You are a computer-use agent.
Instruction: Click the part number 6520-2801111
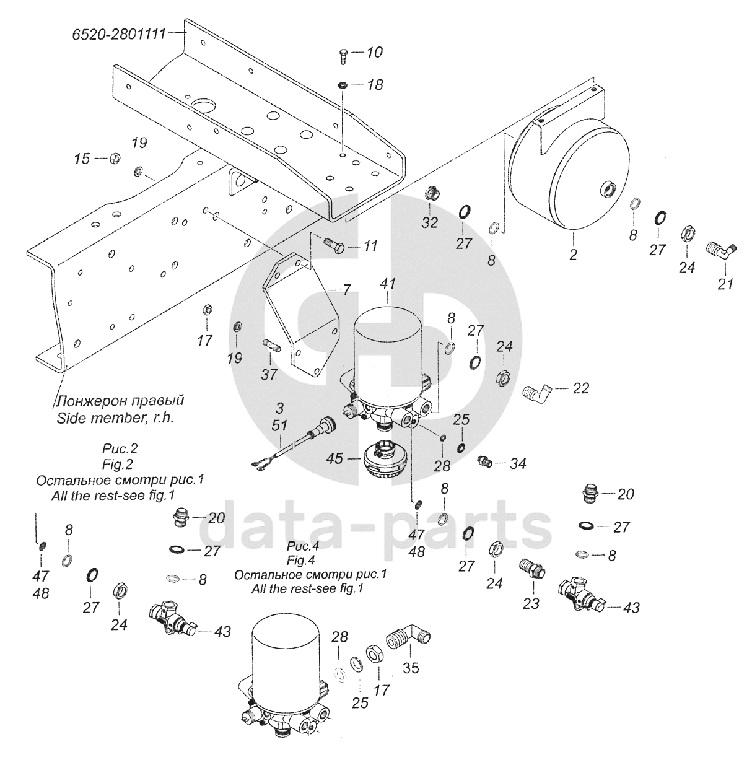(x=118, y=34)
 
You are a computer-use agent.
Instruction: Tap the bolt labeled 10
(x=343, y=57)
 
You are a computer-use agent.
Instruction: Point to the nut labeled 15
(x=115, y=159)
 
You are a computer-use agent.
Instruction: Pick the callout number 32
(x=430, y=222)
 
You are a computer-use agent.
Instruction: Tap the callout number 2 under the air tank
(x=573, y=255)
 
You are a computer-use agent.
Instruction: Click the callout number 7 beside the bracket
(x=346, y=290)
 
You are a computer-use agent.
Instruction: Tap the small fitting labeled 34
(x=484, y=460)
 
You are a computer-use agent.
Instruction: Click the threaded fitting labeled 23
(x=532, y=570)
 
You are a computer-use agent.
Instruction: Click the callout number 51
(x=279, y=425)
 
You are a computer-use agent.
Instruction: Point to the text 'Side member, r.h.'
(x=115, y=418)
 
